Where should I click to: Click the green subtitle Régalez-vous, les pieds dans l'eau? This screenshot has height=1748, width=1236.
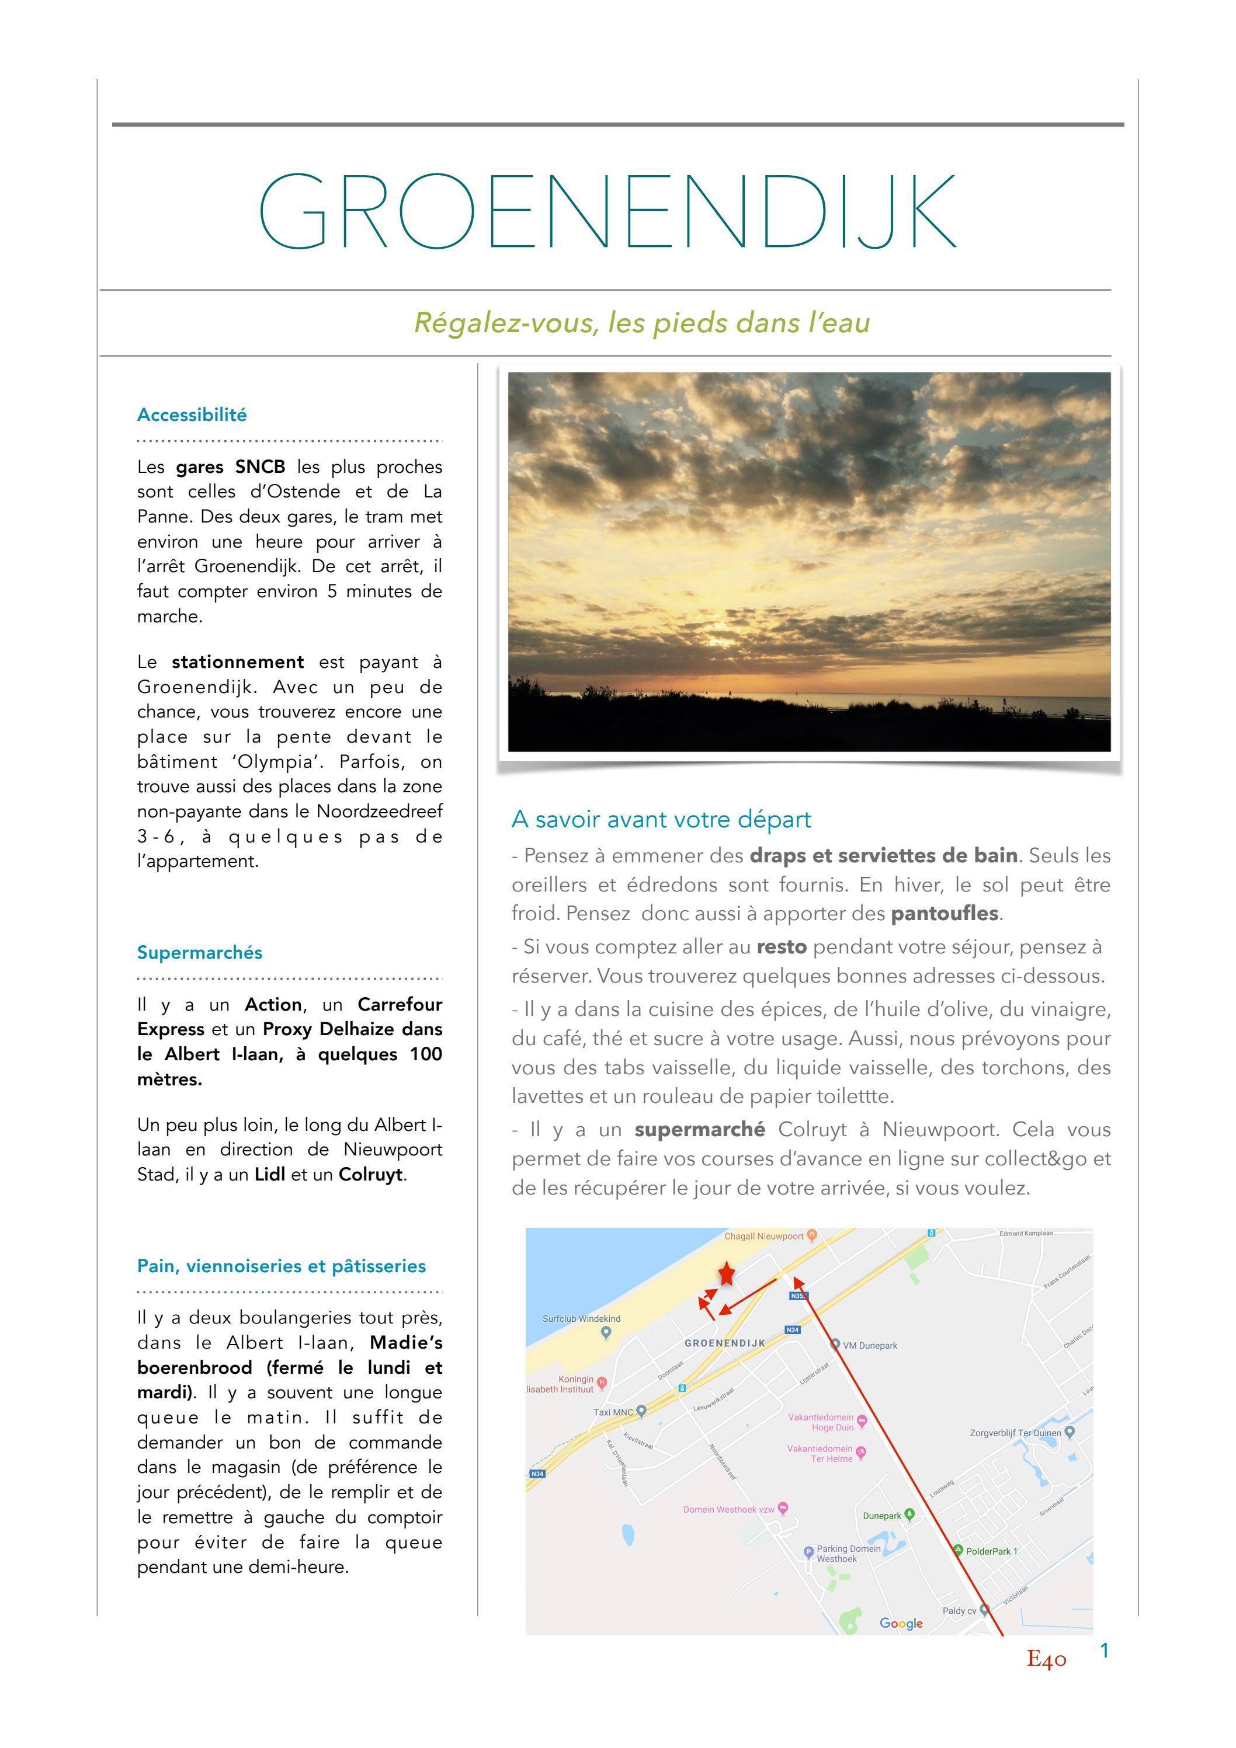[641, 323]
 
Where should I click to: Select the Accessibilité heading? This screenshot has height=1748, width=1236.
[192, 415]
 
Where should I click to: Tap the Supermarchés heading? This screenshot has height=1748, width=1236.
[200, 952]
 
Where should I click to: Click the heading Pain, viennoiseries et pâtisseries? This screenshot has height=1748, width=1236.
[281, 1266]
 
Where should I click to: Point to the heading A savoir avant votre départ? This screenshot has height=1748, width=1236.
[661, 819]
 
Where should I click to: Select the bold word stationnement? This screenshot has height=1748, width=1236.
[238, 661]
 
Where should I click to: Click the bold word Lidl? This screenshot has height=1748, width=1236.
[270, 1174]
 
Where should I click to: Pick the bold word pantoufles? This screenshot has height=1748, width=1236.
[945, 913]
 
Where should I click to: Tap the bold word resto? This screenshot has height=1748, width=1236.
[782, 947]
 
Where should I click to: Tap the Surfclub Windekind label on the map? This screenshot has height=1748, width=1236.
[581, 1319]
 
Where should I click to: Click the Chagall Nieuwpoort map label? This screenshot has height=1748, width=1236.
[764, 1237]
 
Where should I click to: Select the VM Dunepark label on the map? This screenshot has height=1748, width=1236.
[869, 1345]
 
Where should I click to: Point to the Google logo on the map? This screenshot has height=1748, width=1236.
[901, 1623]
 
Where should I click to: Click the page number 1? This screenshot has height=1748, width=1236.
[1104, 1650]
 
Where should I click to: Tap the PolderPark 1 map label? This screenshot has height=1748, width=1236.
[991, 1551]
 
